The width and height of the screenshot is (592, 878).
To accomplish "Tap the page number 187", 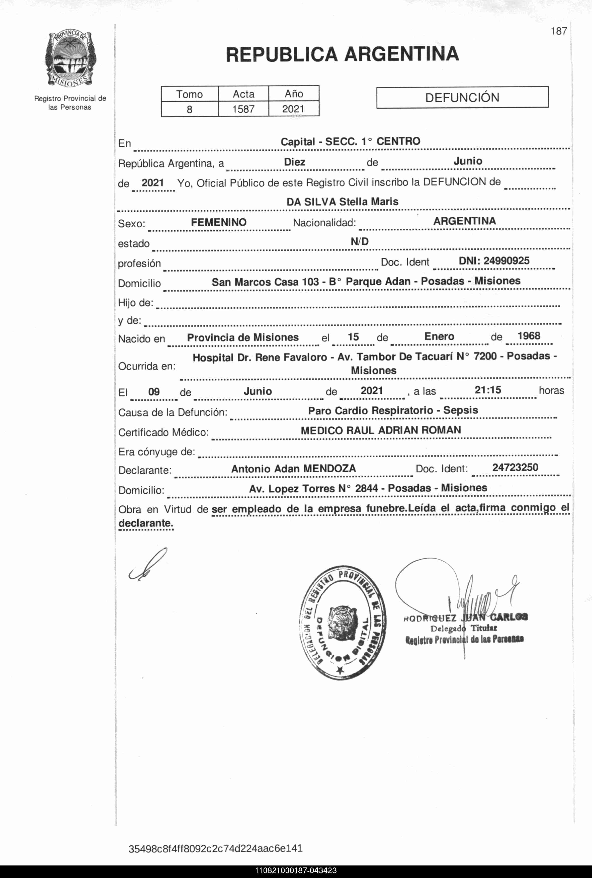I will pyautogui.click(x=558, y=31).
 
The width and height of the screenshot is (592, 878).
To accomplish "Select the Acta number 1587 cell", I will pyautogui.click(x=243, y=109).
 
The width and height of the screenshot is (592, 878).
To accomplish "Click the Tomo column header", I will pyautogui.click(x=190, y=94).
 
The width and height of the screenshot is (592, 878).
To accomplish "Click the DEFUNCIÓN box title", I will pyautogui.click(x=462, y=97).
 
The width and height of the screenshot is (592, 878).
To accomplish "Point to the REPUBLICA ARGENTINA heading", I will pyautogui.click(x=342, y=54).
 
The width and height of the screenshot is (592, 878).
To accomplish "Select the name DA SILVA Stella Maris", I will pyautogui.click(x=342, y=202).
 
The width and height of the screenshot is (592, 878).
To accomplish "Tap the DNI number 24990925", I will pyautogui.click(x=494, y=260).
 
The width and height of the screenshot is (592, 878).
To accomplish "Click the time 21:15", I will pyautogui.click(x=488, y=390).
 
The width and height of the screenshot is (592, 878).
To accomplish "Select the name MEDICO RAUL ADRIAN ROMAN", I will pyautogui.click(x=381, y=430).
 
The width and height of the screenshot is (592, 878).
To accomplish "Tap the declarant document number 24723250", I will pyautogui.click(x=515, y=467).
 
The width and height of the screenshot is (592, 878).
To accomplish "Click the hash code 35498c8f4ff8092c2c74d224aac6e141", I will pyautogui.click(x=215, y=849).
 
